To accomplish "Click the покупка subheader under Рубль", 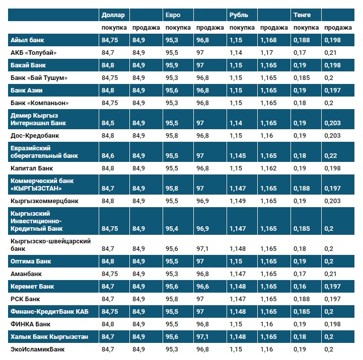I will point(242,28).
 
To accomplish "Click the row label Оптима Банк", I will point(31,261).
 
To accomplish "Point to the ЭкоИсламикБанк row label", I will point(38,349).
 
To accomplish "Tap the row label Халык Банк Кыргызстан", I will point(49,336).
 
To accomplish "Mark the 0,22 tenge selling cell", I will point(330,156).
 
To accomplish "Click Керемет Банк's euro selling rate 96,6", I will point(203,287).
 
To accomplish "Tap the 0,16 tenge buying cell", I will point(300,287).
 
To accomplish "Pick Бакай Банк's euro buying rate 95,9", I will point(172,65).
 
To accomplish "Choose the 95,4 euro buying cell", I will point(172,229).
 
